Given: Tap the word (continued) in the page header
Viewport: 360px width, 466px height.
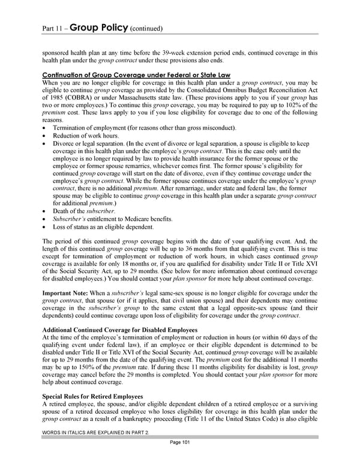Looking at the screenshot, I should point(146,28).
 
